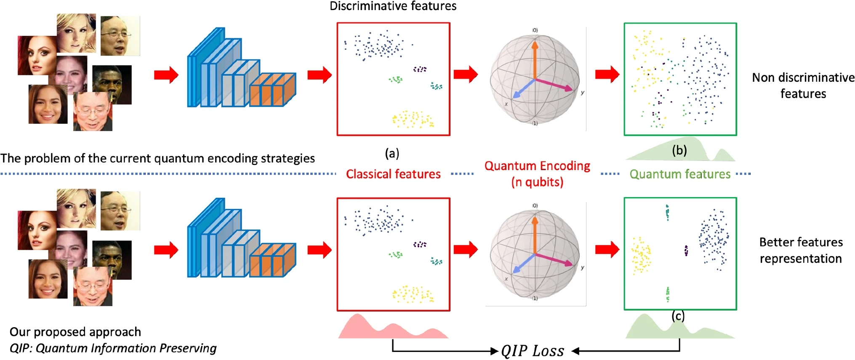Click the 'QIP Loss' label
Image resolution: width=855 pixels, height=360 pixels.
click(x=533, y=350)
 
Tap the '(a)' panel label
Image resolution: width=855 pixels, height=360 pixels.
click(x=392, y=153)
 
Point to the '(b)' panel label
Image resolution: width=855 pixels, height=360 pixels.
click(x=679, y=150)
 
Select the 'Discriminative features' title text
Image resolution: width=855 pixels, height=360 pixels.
click(x=393, y=6)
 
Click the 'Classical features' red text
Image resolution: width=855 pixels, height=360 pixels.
click(x=393, y=174)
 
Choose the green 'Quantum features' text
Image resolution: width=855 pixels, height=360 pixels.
click(x=680, y=174)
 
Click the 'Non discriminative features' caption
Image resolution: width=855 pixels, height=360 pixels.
click(x=803, y=85)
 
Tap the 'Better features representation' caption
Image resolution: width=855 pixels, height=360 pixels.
click(x=801, y=250)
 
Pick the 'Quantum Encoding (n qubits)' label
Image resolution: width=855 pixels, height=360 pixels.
click(x=537, y=174)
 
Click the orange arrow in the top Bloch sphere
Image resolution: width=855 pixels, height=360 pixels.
click(x=535, y=59)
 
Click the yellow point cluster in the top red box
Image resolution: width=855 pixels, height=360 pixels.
click(x=413, y=119)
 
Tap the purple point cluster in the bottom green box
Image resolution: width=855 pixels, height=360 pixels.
click(x=686, y=251)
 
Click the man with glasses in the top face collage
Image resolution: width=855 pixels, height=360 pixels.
click(x=120, y=36)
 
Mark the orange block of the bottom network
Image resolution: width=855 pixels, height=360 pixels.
click(x=272, y=260)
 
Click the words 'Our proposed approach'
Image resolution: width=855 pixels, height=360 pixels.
click(x=75, y=332)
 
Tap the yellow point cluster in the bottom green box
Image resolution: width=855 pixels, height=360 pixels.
click(x=641, y=255)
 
